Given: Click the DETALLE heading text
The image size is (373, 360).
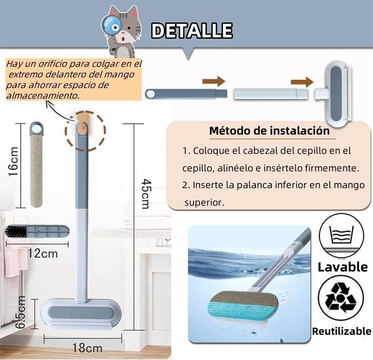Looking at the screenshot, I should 192,31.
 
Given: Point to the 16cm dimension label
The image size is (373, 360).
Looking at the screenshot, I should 14,161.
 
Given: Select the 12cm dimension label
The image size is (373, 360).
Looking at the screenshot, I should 43,254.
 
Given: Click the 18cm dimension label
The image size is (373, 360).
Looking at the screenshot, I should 87,347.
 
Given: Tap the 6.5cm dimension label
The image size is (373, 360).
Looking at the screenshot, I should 20,312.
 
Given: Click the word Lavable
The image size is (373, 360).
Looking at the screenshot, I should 343,267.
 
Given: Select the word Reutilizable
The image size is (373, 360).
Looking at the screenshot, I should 342,332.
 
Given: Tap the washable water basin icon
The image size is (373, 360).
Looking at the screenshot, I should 341,236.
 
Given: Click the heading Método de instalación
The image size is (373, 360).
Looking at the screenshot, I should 269,130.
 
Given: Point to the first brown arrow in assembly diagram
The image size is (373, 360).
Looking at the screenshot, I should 214,82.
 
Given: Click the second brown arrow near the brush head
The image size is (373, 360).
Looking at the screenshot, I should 302,82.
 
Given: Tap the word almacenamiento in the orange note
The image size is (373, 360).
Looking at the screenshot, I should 42,95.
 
